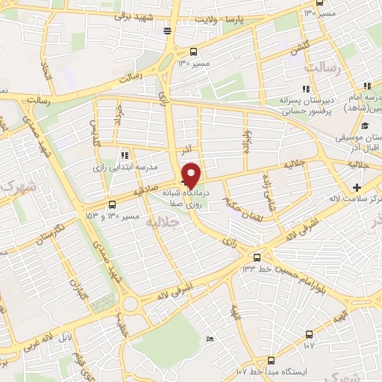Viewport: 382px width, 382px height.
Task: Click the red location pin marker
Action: coord(192,174)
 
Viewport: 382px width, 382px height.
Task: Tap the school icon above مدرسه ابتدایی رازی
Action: coord(125,155)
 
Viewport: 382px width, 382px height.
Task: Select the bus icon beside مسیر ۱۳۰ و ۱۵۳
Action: coord(113,201)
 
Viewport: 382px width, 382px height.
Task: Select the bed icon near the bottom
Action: coord(209,339)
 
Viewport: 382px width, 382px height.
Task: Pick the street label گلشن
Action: coord(301,46)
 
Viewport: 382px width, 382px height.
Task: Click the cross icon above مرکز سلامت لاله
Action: coord(357,187)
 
